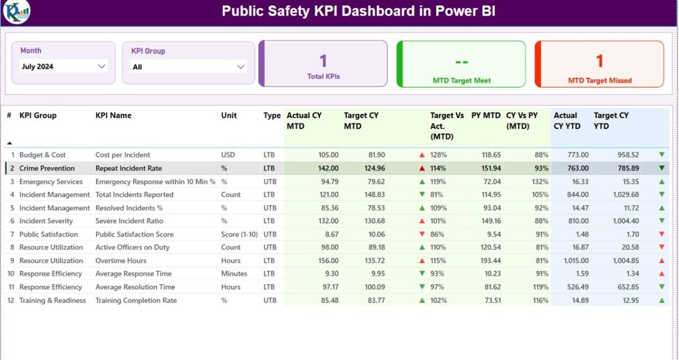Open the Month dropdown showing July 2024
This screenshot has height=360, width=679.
click(63, 66)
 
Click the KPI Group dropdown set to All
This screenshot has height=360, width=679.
click(188, 67)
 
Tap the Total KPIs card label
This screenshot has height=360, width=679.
click(323, 76)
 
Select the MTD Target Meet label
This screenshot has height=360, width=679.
click(461, 81)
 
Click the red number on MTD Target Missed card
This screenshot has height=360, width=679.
click(599, 61)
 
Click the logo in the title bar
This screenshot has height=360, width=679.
click(16, 12)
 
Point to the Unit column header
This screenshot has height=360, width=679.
click(229, 116)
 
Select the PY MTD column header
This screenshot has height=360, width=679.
click(485, 116)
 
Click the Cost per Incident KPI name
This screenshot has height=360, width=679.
click(123, 155)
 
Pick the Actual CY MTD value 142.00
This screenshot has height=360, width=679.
click(328, 168)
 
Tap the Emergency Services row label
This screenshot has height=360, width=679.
click(51, 182)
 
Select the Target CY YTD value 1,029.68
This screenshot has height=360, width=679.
click(626, 195)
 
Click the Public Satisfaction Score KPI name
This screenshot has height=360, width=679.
click(134, 234)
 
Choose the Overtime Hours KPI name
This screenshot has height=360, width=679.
click(121, 261)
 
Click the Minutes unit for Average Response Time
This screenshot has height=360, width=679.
click(234, 274)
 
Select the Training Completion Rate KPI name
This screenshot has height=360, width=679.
click(136, 301)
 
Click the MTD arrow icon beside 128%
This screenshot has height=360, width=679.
click(422, 155)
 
